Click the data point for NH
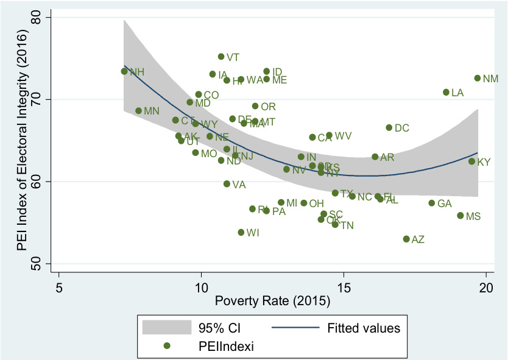124,71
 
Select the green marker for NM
478,78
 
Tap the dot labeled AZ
406,239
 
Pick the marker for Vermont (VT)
221,57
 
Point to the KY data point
471,161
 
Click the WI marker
241,232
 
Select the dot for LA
446,92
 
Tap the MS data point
460,216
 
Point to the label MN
152,111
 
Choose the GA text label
445,203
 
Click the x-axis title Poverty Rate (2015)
272,301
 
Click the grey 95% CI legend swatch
162,328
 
